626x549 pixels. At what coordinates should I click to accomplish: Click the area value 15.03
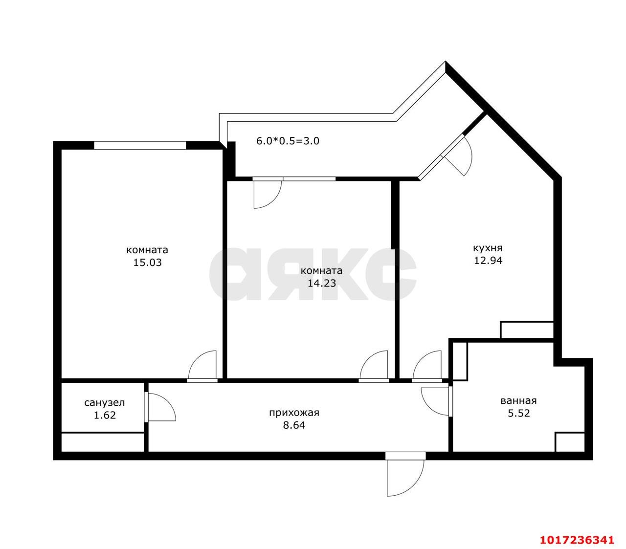(147, 263)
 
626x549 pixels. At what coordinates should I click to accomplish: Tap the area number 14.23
(322, 284)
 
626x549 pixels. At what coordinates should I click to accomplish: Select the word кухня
(488, 248)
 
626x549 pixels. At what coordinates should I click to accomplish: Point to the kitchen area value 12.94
(488, 261)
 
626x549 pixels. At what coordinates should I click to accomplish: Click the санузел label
(105, 402)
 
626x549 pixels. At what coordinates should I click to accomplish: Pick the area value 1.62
(105, 415)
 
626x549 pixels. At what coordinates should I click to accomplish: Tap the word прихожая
(294, 413)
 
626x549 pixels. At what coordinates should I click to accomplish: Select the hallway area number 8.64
(294, 425)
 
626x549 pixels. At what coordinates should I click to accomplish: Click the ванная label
(518, 401)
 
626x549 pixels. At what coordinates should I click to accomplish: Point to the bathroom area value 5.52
(519, 414)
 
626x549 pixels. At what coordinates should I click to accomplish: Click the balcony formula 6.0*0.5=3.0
(288, 141)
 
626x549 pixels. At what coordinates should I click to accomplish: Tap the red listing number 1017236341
(577, 540)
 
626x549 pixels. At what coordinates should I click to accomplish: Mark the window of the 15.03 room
(140, 145)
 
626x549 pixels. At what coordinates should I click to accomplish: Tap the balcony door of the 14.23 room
(268, 193)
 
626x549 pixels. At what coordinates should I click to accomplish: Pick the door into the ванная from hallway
(436, 401)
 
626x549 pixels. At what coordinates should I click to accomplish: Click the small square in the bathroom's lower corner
(570, 442)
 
